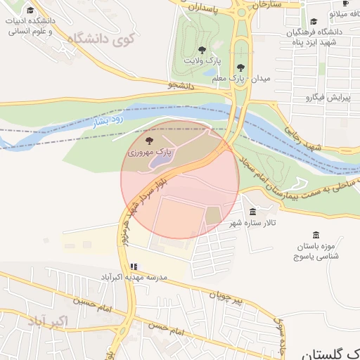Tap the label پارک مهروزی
click(x=149, y=151)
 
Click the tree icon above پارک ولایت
click(x=202, y=50)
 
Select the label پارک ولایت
click(x=198, y=61)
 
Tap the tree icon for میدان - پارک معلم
click(x=241, y=67)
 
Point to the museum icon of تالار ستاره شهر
click(x=252, y=212)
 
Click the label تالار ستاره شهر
click(x=252, y=224)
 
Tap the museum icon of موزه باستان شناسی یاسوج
click(x=315, y=235)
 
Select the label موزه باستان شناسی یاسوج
click(x=316, y=251)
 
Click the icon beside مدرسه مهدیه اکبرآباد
click(x=134, y=267)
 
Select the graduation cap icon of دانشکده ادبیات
click(x=30, y=11)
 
